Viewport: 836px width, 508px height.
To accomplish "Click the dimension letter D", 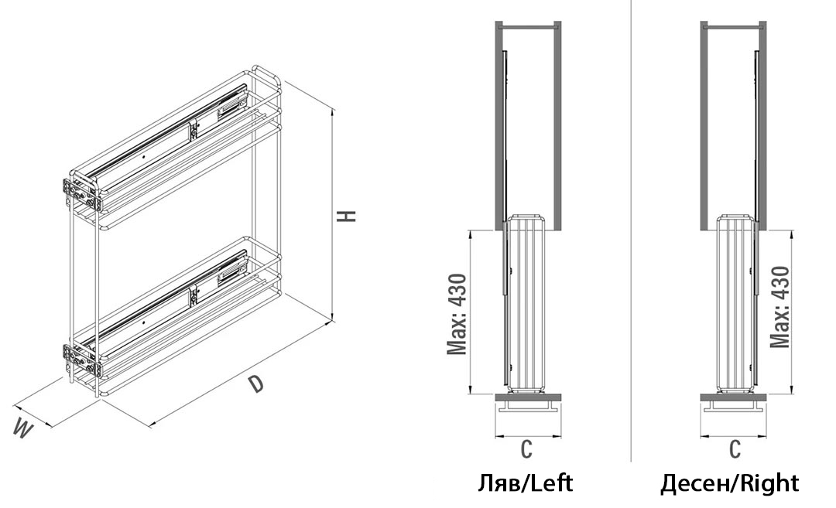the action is pos(257,384).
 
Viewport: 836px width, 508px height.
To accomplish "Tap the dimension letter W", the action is pos(22,428).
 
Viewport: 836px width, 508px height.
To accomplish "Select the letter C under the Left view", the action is pos(527,449).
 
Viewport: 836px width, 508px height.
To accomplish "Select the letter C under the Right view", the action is pos(735,449).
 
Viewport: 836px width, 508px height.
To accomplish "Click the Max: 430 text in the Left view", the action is pos(457,314).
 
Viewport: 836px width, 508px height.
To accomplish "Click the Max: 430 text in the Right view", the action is pos(779,307).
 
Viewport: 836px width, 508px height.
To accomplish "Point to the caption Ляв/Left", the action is pos(525,483).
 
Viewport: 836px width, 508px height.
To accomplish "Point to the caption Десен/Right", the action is pos(730,483).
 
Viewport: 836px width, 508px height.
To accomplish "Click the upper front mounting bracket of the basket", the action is pos(81,194).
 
